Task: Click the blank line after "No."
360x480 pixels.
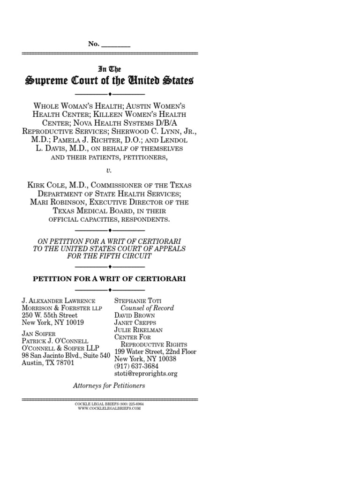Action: pyautogui.click(x=116, y=44)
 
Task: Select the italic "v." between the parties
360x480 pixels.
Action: pyautogui.click(x=110, y=171)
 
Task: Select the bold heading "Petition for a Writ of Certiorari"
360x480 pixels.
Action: pyautogui.click(x=109, y=278)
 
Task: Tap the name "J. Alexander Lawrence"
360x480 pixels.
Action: pyautogui.click(x=59, y=301)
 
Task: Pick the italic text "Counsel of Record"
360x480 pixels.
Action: pyautogui.click(x=147, y=308)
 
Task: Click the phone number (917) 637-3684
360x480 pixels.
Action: pyautogui.click(x=138, y=367)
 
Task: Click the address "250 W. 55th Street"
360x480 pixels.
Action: pyautogui.click(x=50, y=315)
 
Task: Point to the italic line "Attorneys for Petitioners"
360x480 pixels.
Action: pyautogui.click(x=109, y=386)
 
